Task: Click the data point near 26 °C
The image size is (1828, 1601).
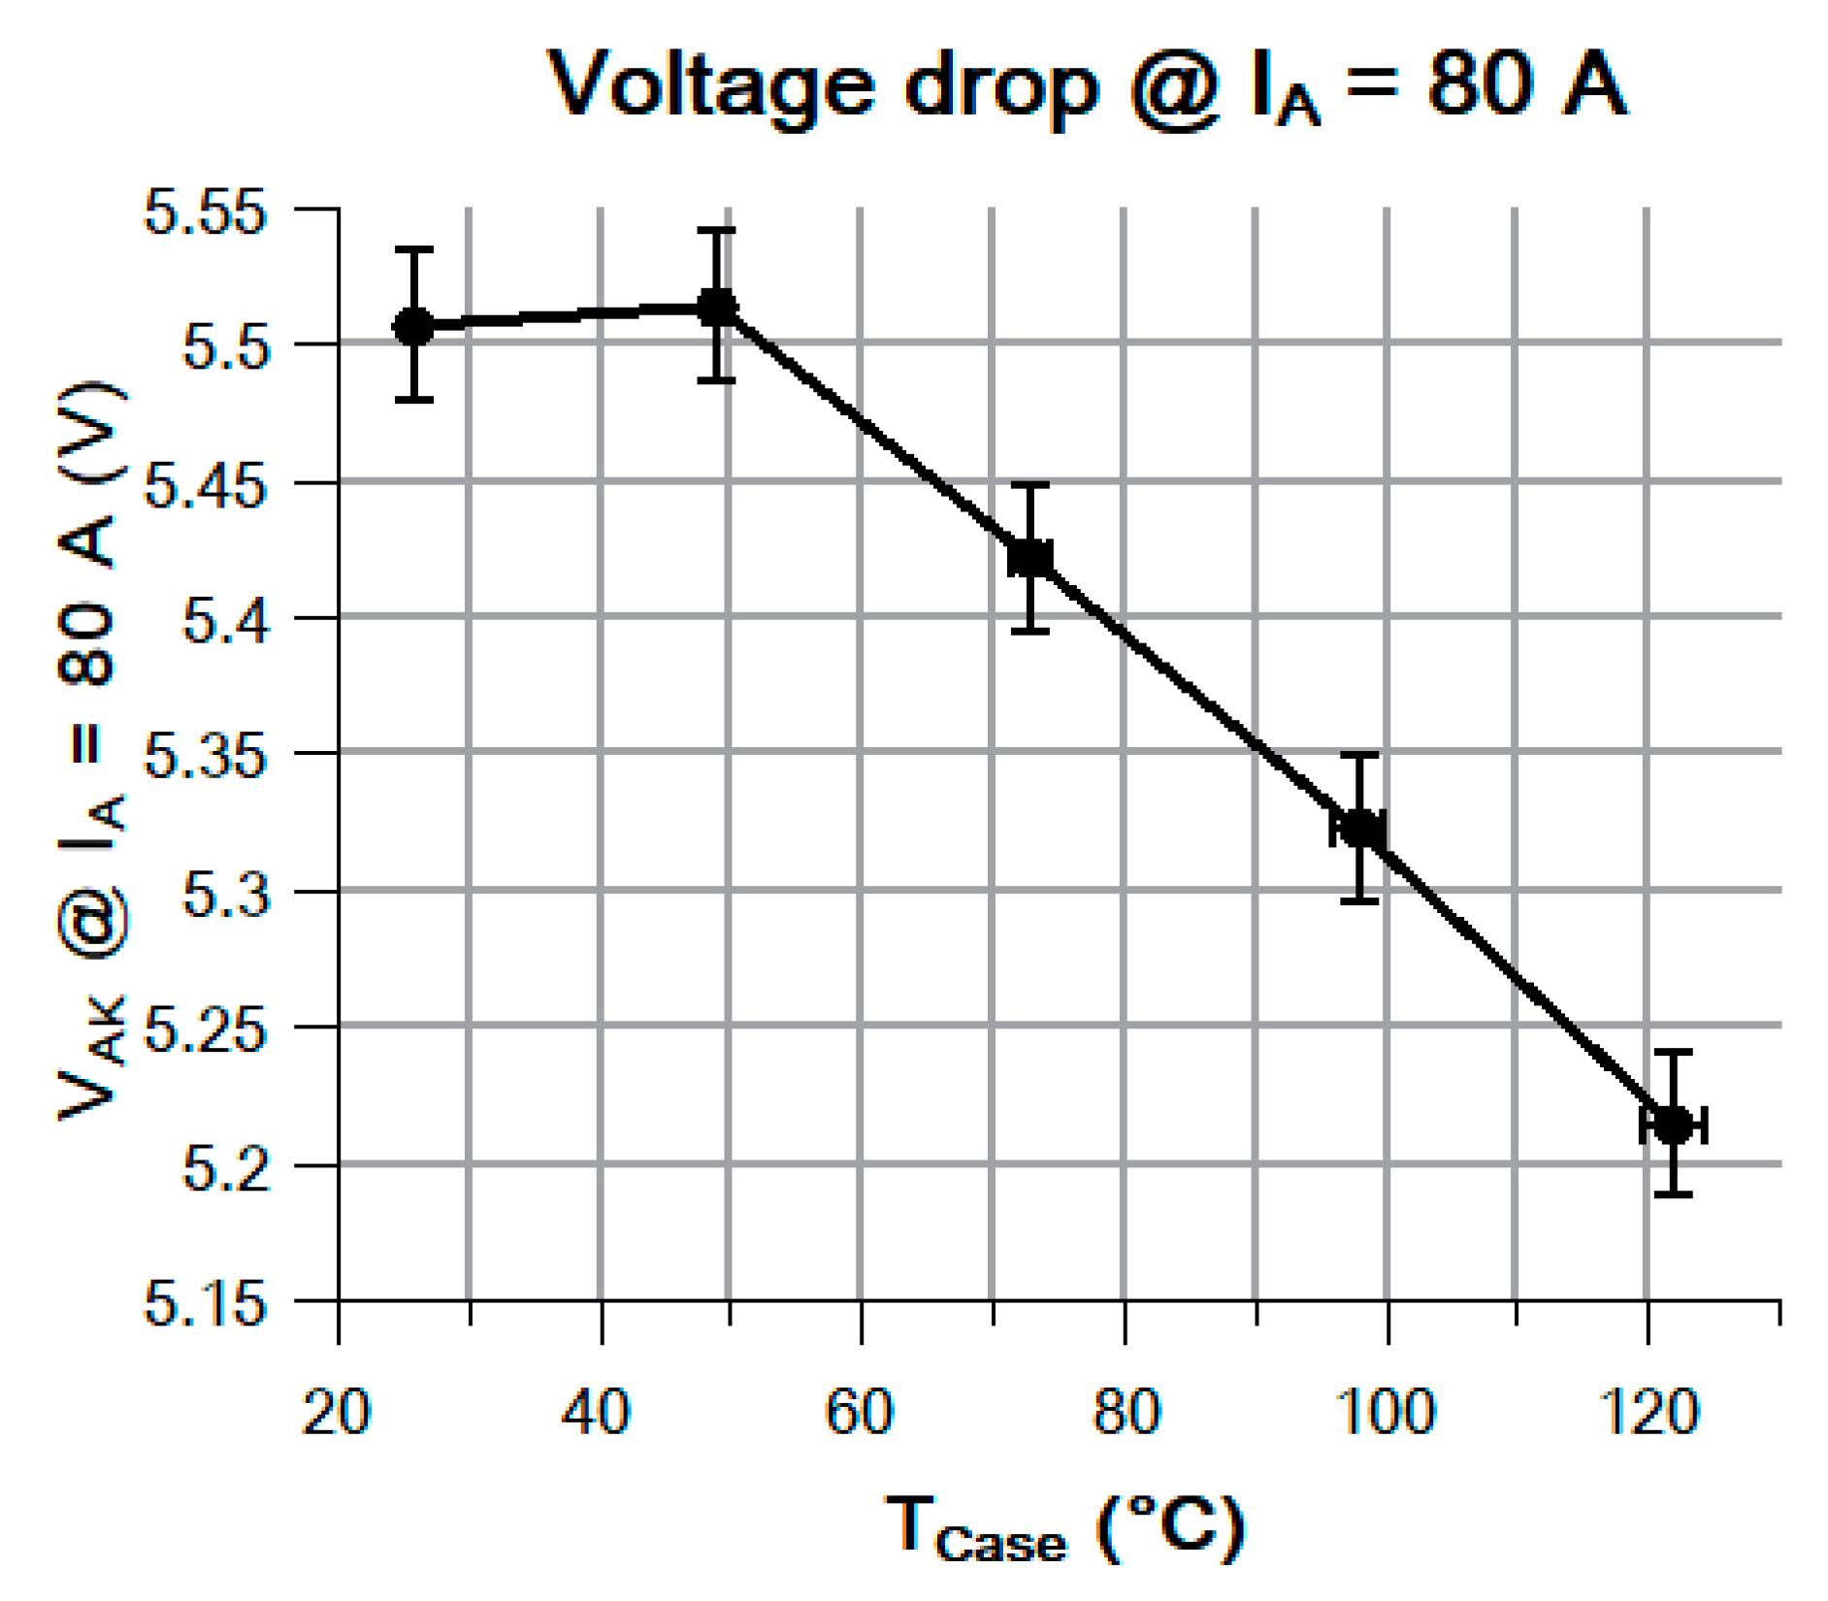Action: point(413,327)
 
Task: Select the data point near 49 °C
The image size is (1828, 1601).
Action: point(717,308)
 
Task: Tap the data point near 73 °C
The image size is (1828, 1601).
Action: point(1030,559)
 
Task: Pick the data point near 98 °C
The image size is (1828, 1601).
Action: point(1359,830)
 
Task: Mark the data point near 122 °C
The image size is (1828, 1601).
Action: point(1673,1126)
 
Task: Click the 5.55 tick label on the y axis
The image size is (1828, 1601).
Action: point(205,212)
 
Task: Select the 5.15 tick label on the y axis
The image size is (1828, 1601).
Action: point(205,1303)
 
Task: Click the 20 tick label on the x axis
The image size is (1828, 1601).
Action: point(337,1412)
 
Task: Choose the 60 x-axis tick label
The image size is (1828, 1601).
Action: point(860,1412)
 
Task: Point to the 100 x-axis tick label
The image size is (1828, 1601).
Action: point(1386,1412)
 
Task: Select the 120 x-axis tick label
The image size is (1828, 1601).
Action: point(1648,1412)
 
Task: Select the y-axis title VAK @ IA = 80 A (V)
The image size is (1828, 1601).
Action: point(92,752)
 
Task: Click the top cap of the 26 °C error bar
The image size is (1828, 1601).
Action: point(413,250)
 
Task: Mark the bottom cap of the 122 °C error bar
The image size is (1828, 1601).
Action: point(1673,1193)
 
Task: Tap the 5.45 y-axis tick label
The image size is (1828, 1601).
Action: point(205,484)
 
